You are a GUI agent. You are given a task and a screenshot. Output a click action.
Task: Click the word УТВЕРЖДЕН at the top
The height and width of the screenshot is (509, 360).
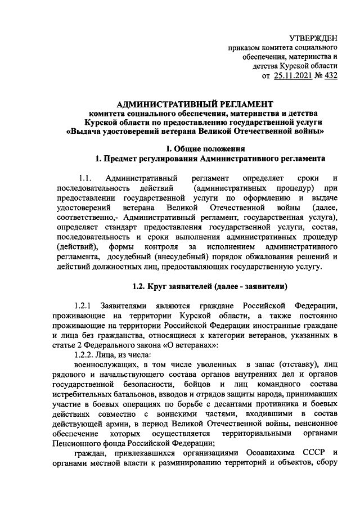pyautogui.click(x=313, y=38)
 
